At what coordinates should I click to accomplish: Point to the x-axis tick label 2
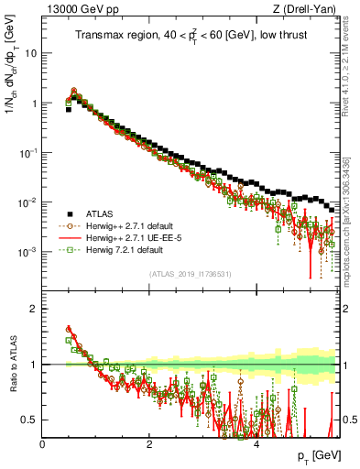click(149, 444)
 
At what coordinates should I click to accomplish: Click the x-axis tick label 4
click(256, 444)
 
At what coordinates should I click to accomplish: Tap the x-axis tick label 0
click(43, 444)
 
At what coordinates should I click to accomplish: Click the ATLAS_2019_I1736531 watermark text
click(191, 274)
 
